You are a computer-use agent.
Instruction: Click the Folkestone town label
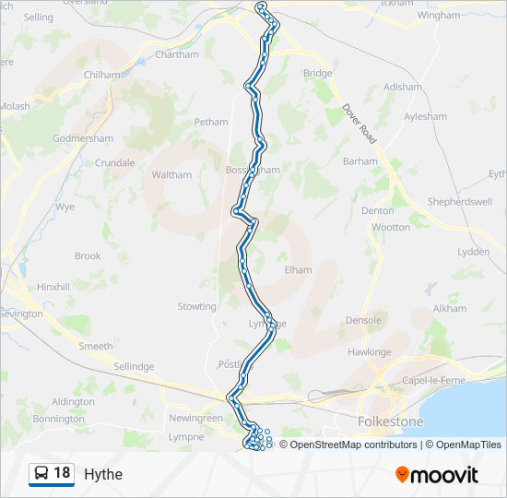coord(390,421)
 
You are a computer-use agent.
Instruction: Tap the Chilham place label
coord(102,75)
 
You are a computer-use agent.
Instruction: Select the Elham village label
coord(298,269)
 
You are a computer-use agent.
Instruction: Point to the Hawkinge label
coord(370,352)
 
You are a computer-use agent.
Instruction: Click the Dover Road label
coord(360,122)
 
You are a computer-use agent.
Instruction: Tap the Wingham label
coord(438,16)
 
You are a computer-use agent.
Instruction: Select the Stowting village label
coord(196,306)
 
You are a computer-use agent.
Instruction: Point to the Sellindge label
coord(134,366)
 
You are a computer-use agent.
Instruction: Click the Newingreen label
coord(195,418)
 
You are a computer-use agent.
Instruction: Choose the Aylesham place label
coord(425,117)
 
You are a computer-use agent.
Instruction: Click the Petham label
coord(210,122)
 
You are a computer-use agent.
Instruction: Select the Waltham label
coord(171,174)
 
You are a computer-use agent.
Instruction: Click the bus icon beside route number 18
coord(41,474)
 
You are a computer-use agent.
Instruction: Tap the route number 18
coord(62,473)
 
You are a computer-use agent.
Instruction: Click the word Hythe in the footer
coord(102,475)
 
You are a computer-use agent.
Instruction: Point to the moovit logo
coord(437,475)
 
